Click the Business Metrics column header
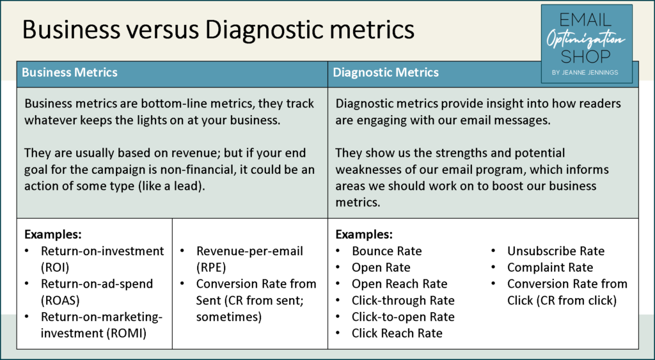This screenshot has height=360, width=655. (70, 72)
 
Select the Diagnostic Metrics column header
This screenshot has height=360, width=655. (386, 72)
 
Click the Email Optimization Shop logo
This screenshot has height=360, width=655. (587, 44)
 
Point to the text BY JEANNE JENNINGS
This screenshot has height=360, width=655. (585, 72)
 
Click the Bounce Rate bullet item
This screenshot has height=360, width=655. (387, 251)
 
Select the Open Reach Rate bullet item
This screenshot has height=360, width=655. (399, 284)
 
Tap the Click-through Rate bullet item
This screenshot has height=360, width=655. (403, 301)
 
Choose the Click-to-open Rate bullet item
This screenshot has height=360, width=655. (403, 317)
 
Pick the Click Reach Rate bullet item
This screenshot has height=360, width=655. (397, 333)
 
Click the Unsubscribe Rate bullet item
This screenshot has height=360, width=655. (556, 251)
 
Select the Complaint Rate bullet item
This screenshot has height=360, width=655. (550, 267)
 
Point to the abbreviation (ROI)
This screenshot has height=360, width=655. (55, 267)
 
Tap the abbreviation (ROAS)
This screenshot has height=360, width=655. (60, 301)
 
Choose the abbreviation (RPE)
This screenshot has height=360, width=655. (211, 267)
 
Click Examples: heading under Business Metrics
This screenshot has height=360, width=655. (53, 234)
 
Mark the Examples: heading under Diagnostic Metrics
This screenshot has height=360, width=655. (364, 234)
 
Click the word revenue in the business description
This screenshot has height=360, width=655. (196, 153)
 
